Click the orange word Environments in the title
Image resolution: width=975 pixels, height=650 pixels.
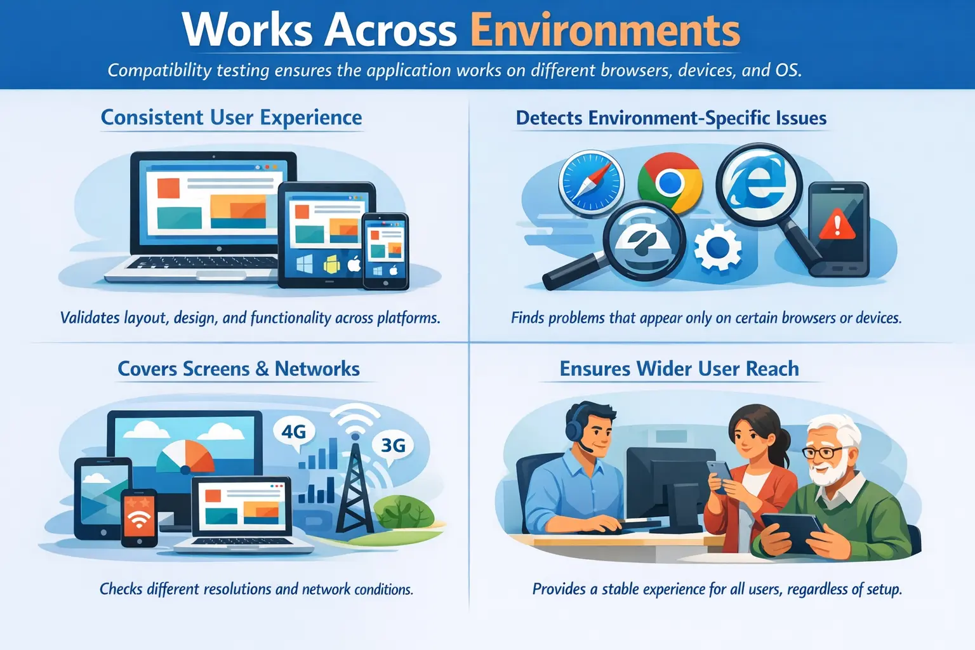click(x=604, y=30)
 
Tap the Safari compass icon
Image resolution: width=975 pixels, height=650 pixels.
click(x=590, y=182)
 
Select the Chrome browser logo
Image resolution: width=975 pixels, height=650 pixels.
click(x=670, y=183)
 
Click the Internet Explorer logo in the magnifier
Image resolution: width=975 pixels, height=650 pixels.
click(x=758, y=180)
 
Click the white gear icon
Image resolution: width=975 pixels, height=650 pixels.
click(x=717, y=248)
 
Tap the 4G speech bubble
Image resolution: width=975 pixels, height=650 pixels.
click(x=294, y=432)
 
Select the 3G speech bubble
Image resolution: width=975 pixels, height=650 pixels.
click(x=393, y=445)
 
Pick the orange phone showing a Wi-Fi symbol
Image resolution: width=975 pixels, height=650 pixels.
click(x=139, y=517)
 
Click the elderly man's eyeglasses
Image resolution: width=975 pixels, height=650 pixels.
click(x=823, y=453)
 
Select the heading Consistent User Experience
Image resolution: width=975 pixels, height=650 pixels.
click(x=231, y=117)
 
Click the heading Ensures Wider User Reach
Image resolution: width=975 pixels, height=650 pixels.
click(x=679, y=369)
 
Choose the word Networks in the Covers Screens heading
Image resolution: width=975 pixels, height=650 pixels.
click(x=317, y=369)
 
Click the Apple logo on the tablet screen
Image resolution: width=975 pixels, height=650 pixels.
click(x=354, y=264)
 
